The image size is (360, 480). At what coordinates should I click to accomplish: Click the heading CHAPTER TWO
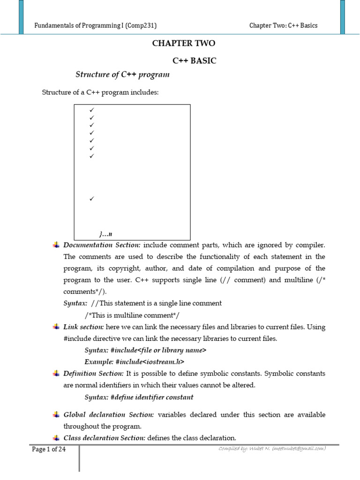point(184,44)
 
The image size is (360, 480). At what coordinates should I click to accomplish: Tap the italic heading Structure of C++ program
point(122,75)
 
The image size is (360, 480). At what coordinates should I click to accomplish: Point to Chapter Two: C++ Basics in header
point(283,25)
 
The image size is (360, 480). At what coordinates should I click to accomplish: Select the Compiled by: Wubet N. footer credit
point(272,449)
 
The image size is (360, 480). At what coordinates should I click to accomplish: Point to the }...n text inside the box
point(106,233)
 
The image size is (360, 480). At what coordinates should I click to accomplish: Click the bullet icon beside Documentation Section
point(56,245)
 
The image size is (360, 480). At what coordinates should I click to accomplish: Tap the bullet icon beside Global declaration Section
point(56,415)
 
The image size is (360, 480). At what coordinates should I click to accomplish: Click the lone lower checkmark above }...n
point(92,199)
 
